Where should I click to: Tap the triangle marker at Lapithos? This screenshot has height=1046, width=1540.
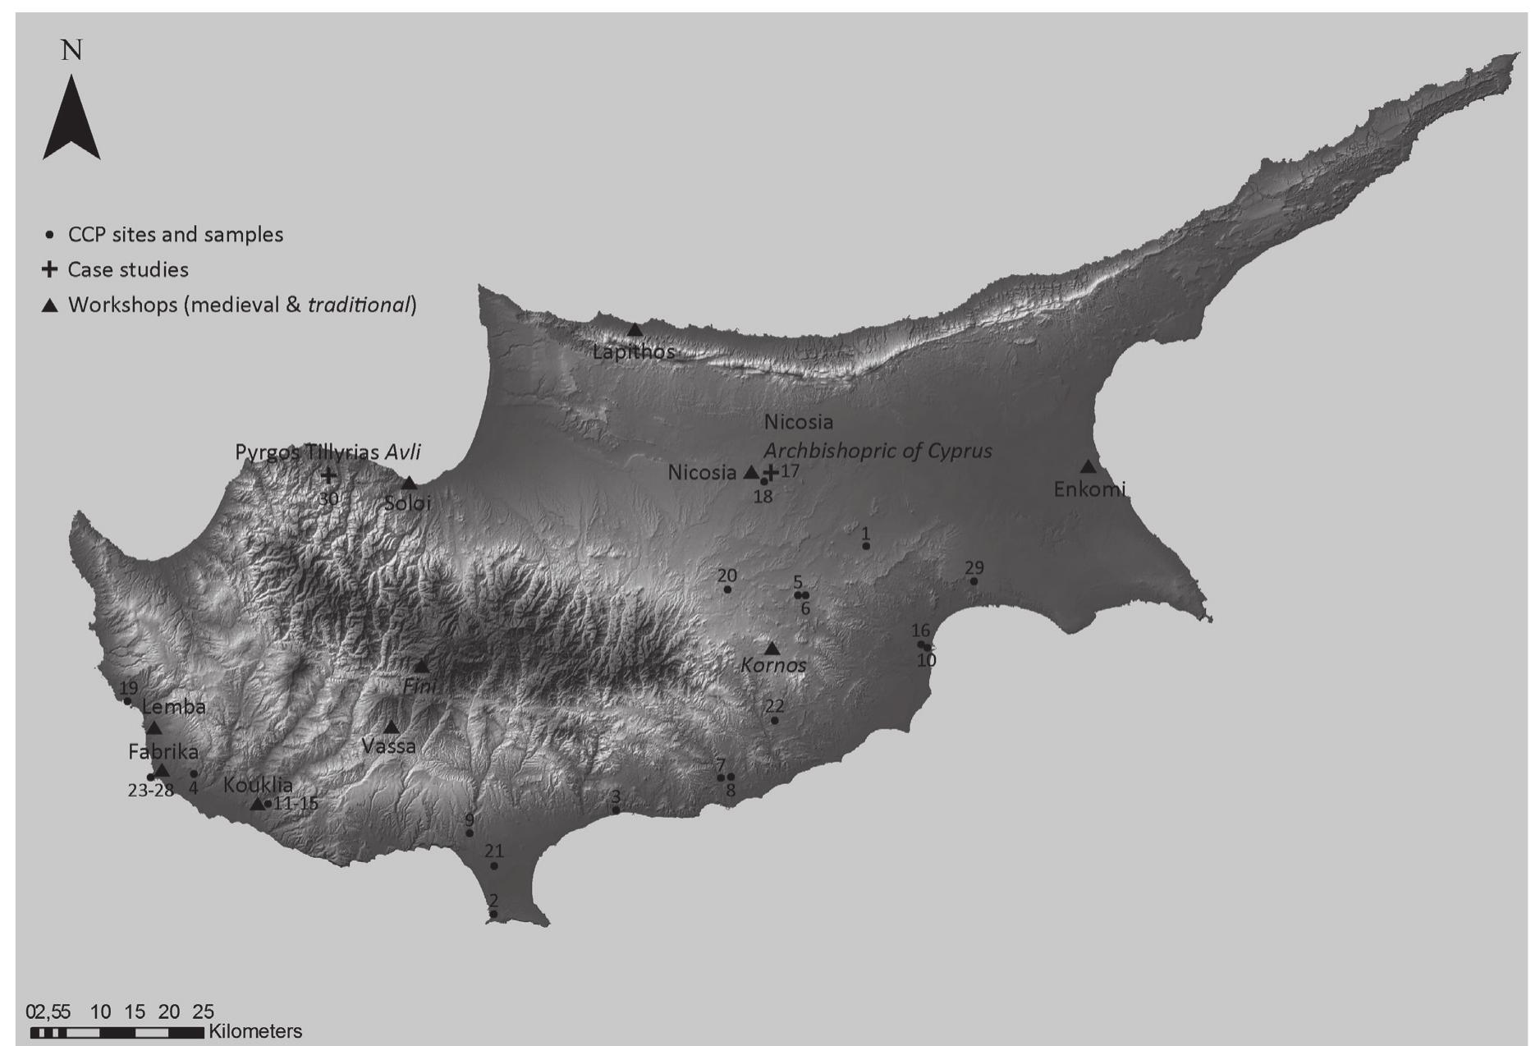click(x=635, y=330)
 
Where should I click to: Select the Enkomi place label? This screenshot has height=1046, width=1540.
click(x=1089, y=490)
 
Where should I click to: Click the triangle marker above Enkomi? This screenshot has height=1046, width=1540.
click(x=1088, y=466)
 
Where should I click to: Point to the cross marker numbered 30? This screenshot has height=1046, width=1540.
click(x=328, y=475)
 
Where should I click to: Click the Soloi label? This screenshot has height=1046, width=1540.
click(x=408, y=503)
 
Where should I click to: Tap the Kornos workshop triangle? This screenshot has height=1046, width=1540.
click(x=772, y=649)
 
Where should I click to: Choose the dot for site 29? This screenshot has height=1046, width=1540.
click(x=974, y=581)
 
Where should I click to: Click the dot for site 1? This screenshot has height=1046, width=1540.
click(x=866, y=546)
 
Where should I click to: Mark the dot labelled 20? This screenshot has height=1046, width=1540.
click(x=727, y=590)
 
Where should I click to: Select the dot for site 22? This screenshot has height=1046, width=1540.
click(x=774, y=720)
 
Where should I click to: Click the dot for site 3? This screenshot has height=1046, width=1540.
click(x=616, y=810)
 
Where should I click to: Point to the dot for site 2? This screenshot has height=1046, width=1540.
click(x=493, y=914)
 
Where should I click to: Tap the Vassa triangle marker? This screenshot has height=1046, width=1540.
click(x=391, y=727)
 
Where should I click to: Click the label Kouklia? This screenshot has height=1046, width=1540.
click(x=258, y=784)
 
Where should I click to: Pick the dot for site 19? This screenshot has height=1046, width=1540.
click(x=127, y=701)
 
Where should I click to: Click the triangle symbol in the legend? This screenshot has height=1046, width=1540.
click(x=50, y=305)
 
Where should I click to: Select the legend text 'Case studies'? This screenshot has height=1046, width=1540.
click(x=128, y=269)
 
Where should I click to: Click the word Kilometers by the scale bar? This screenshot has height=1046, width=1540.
click(x=255, y=1031)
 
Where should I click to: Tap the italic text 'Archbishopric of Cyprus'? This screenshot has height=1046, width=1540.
click(x=878, y=451)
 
